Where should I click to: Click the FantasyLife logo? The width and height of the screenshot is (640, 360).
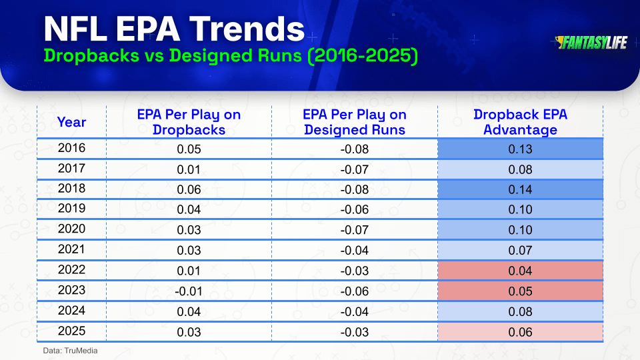pos(591,43)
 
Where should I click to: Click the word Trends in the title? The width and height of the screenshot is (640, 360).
pos(247,29)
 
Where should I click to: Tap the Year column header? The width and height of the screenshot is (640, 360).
pos(71,122)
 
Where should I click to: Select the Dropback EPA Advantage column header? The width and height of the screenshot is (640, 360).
pos(520,122)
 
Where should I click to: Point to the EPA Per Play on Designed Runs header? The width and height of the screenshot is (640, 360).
pos(354,122)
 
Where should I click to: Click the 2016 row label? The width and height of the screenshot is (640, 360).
pos(71,148)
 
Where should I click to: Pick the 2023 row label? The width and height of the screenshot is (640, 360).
pos(71,290)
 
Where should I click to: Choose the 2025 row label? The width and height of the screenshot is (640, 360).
pos(71,331)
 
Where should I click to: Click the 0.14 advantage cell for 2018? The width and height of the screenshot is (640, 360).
pos(521,189)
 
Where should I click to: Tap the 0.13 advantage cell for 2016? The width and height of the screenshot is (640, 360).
pos(521,149)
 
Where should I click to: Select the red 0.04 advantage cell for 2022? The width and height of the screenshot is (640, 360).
pos(521,271)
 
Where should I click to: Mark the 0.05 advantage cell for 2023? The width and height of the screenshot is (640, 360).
pos(521,291)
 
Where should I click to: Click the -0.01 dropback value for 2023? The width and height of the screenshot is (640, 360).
pos(189,291)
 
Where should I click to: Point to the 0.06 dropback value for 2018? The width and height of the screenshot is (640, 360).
pos(189,189)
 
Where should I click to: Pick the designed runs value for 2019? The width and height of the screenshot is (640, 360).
pos(354,209)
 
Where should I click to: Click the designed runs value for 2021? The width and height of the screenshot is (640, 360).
pos(354,250)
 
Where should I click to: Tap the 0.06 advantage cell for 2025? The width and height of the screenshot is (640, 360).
pos(521,332)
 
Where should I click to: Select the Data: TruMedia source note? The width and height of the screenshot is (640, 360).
pos(70,351)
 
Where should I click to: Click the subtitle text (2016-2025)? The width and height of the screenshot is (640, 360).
pos(363,56)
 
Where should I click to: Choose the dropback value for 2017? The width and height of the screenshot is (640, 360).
pos(189,169)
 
